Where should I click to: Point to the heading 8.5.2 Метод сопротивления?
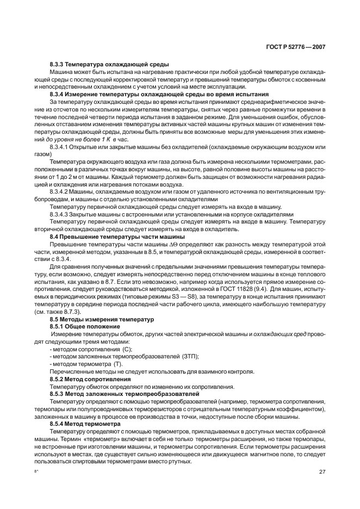(x=90, y=378)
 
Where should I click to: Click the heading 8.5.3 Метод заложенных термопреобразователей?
(x=124, y=393)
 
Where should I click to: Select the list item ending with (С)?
(x=90, y=349)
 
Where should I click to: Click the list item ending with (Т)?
(x=85, y=363)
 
